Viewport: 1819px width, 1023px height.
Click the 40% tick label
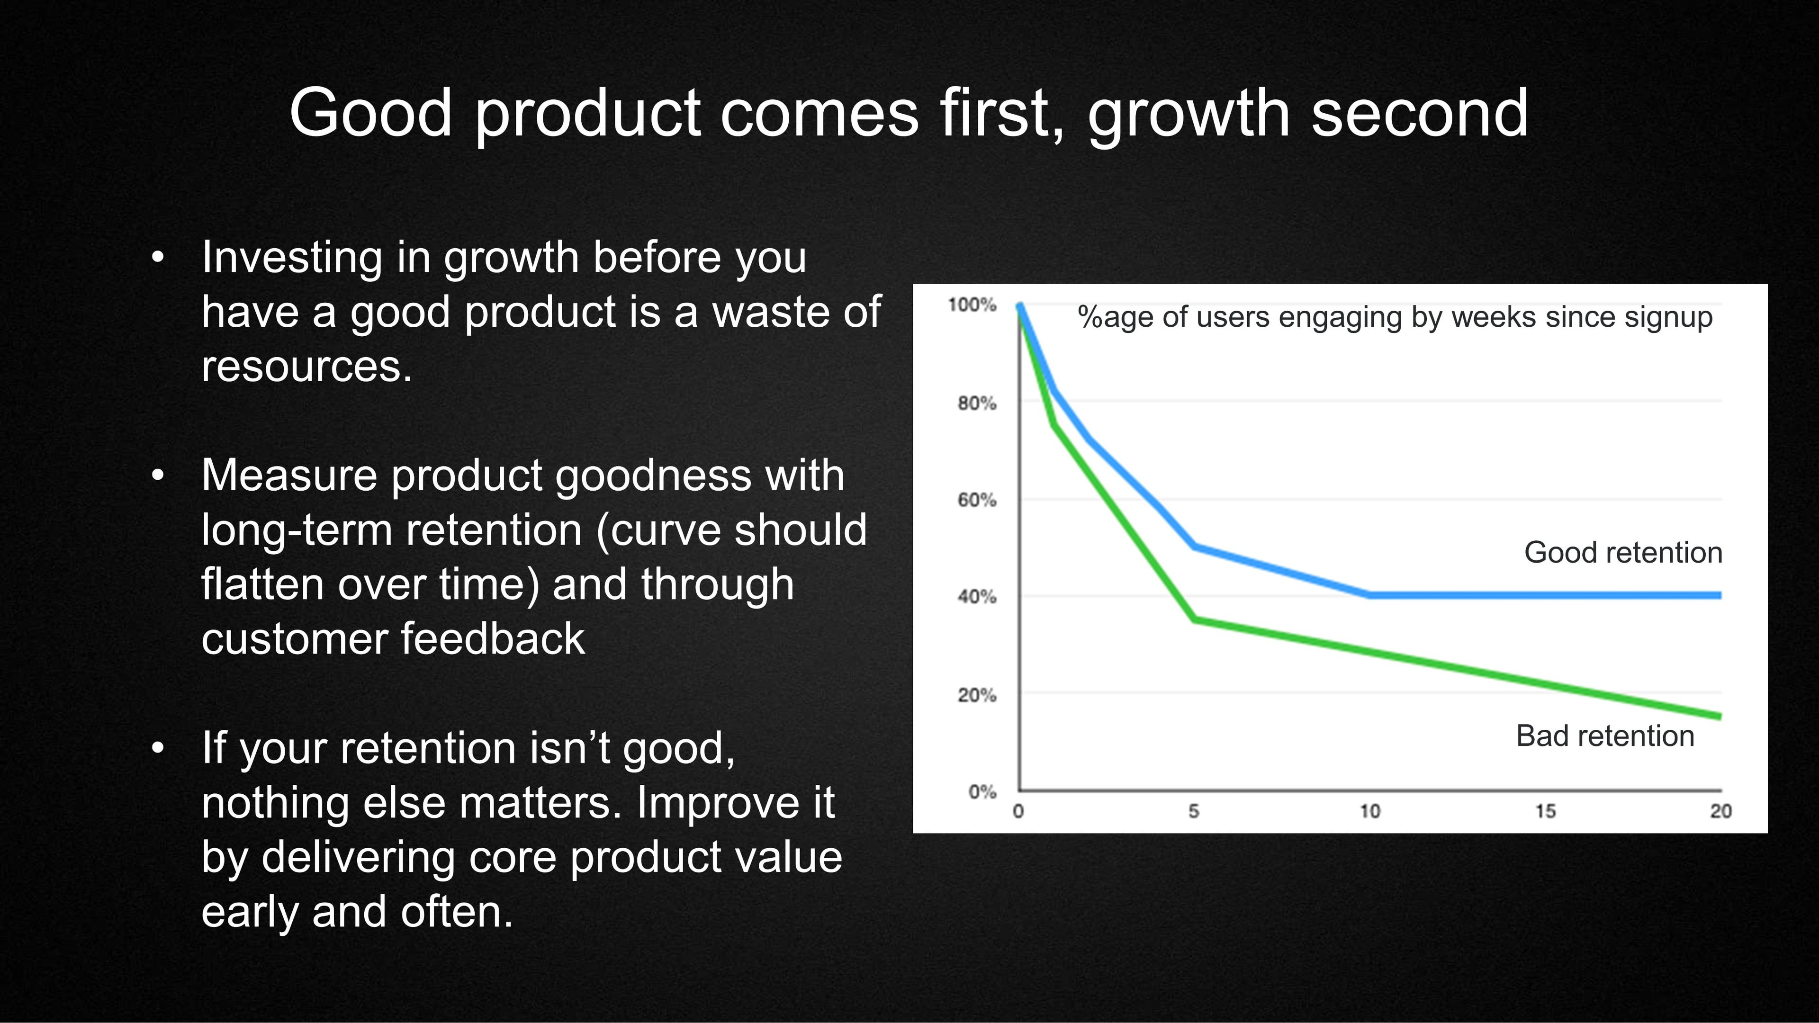977,597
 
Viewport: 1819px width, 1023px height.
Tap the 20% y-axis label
977,695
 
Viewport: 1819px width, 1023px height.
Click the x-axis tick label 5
1193,812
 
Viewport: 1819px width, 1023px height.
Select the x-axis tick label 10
1370,812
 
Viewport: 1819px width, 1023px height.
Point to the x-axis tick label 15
1545,812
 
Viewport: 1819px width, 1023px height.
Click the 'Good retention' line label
1623,553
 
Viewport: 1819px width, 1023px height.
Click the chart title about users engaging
1395,317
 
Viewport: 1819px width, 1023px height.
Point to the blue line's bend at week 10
1370,595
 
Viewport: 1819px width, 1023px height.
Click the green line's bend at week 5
1193,620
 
